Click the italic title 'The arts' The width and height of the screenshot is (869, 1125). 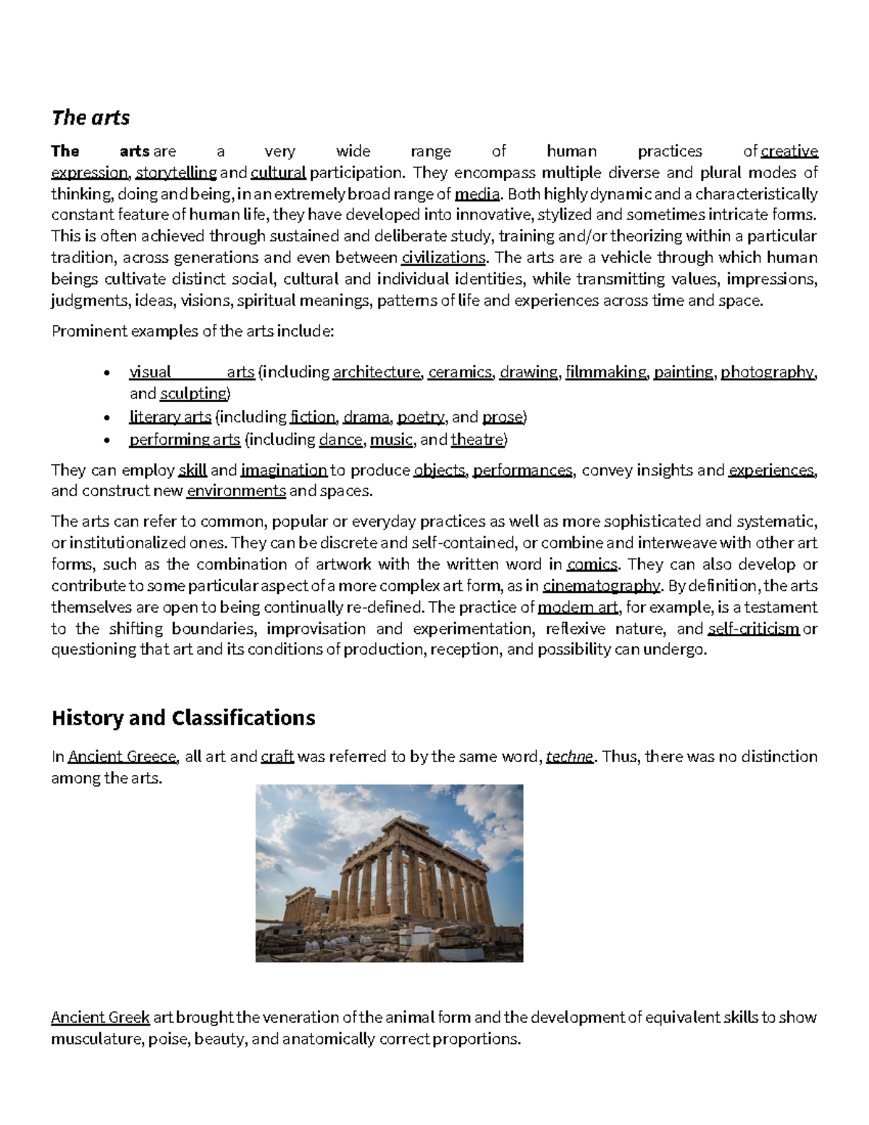tap(91, 117)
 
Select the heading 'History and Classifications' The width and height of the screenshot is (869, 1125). tap(183, 718)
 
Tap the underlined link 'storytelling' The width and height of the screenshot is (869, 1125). tap(176, 172)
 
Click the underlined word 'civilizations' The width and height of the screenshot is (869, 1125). tap(444, 258)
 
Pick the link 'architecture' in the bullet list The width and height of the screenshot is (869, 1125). tap(376, 372)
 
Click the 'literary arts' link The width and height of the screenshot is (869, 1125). tap(170, 417)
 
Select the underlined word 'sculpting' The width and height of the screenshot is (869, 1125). tap(193, 393)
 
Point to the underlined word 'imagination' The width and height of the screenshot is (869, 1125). tap(284, 471)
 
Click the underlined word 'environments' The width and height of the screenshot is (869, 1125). tap(236, 492)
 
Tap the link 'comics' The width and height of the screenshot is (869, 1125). tap(592, 564)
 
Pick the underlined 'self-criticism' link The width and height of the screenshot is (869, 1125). tap(753, 629)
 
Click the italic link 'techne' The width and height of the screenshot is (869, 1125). tap(569, 757)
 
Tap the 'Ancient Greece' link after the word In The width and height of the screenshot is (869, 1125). tap(122, 757)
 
